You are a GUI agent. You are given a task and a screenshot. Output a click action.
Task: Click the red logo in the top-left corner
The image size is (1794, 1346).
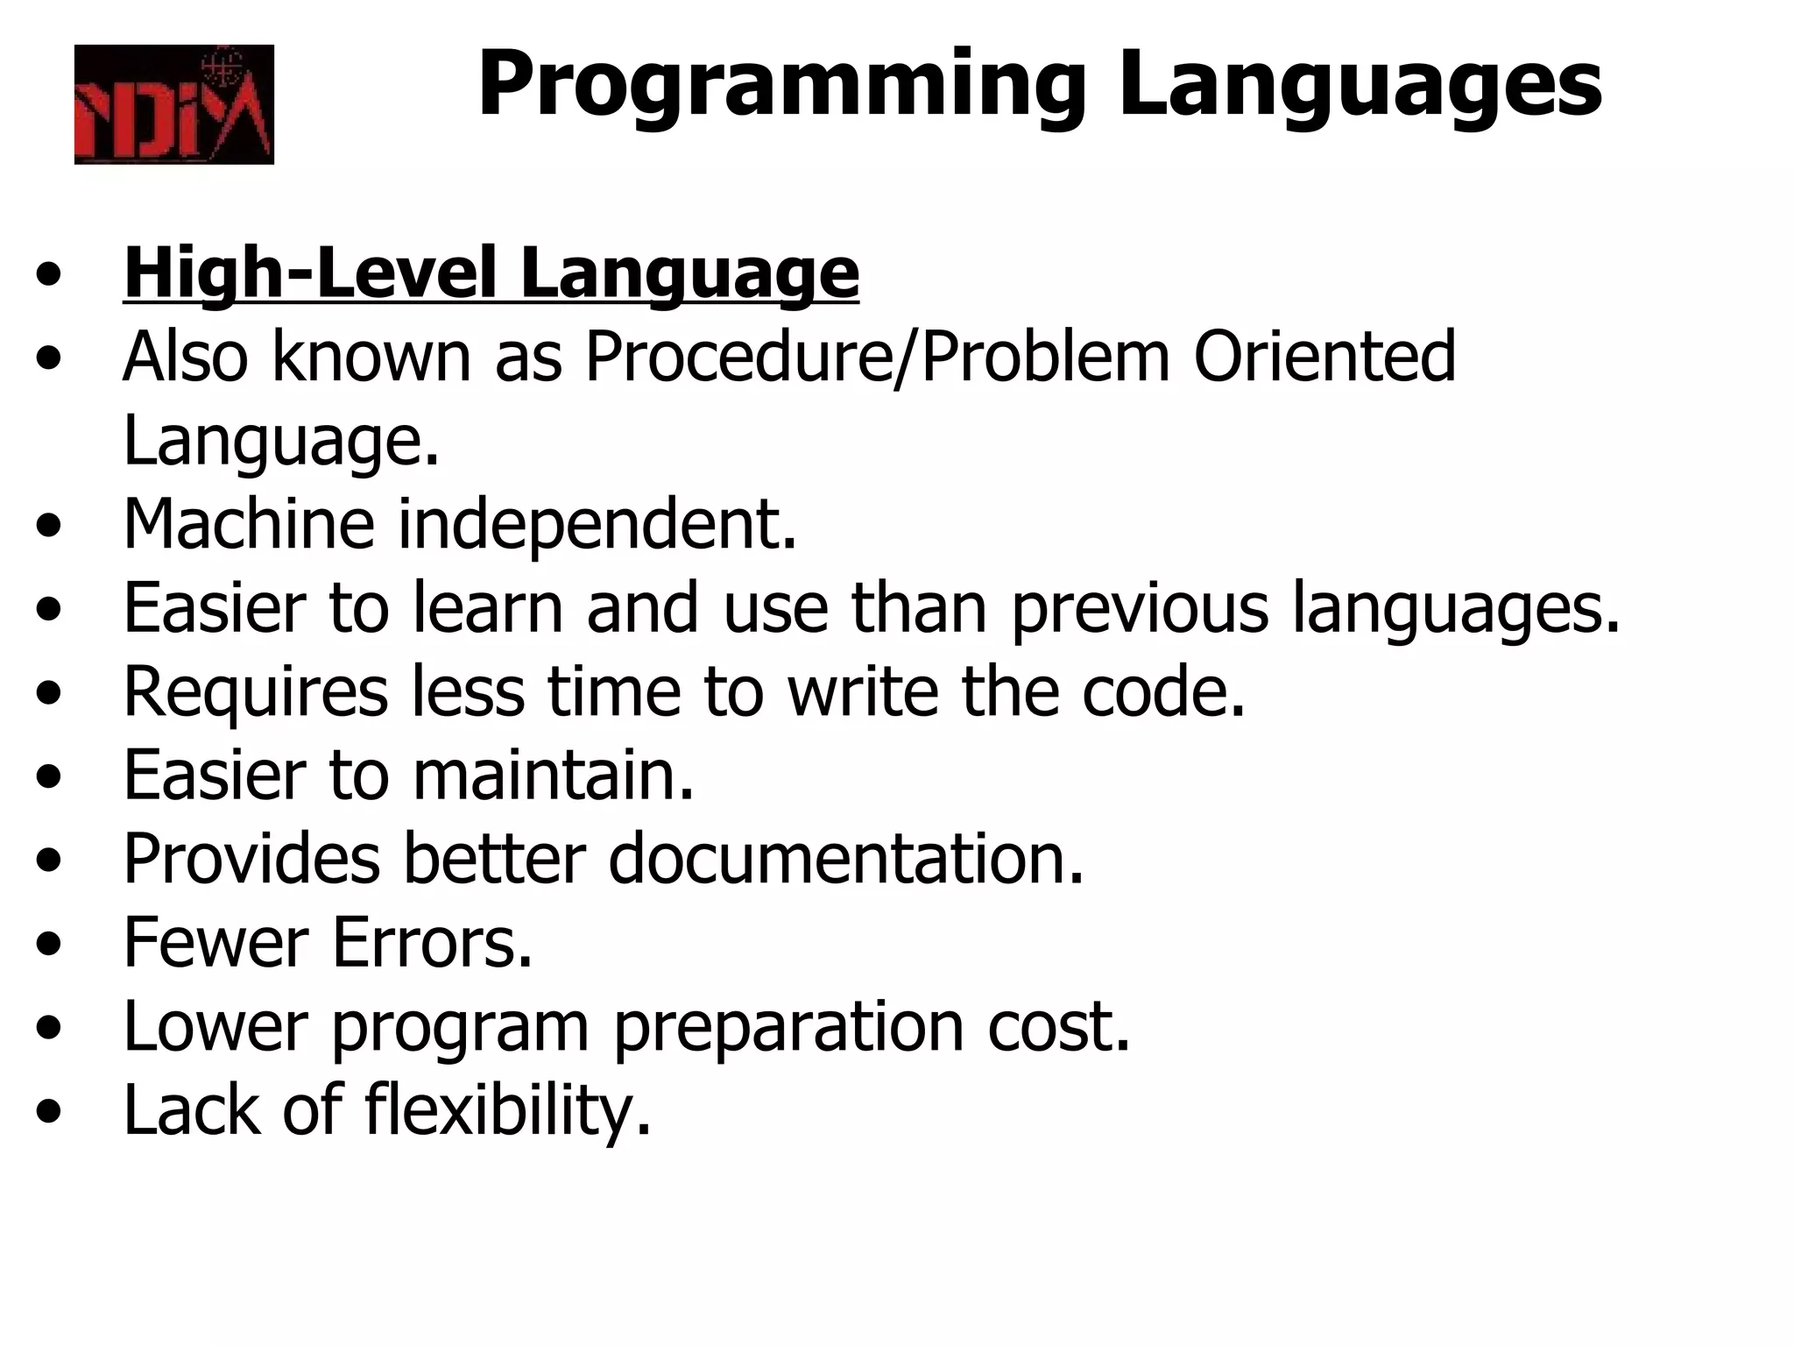click(x=173, y=104)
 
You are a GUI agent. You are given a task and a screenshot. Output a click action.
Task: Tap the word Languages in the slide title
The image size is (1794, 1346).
click(x=1360, y=86)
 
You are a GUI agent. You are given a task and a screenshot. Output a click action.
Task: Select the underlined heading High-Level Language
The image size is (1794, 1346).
click(x=491, y=273)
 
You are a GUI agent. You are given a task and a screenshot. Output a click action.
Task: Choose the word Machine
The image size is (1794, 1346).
click(x=249, y=524)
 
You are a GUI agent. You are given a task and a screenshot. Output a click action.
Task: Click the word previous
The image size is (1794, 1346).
click(x=1140, y=608)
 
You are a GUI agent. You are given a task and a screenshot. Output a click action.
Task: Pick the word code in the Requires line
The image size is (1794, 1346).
click(x=1162, y=691)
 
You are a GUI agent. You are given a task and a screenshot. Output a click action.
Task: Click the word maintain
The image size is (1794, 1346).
click(x=554, y=775)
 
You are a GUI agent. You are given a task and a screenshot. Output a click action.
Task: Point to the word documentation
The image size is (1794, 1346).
click(x=846, y=859)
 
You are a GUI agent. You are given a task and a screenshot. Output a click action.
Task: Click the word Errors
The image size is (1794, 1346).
click(x=432, y=943)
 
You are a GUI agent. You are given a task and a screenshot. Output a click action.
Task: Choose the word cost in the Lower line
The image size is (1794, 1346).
click(x=1059, y=1026)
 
